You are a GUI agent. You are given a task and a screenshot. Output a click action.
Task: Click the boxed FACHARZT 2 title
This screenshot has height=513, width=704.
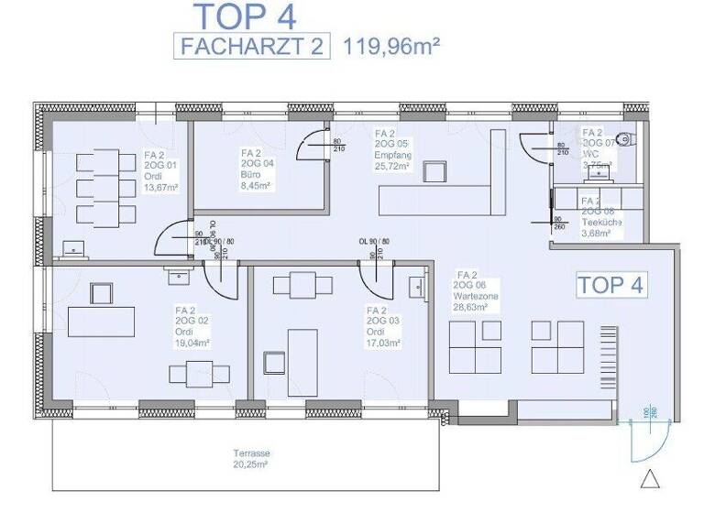click(252, 46)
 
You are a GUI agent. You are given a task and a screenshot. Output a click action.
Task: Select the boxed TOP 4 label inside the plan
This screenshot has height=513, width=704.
click(610, 284)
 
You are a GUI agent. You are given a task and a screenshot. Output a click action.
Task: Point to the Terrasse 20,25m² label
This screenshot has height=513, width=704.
click(250, 459)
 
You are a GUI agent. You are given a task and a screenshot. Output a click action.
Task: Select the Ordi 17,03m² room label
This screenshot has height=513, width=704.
click(383, 326)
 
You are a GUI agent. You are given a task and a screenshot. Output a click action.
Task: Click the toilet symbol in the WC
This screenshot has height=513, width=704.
click(625, 140)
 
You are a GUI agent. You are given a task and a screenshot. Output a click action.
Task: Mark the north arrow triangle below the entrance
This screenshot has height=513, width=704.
click(650, 479)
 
